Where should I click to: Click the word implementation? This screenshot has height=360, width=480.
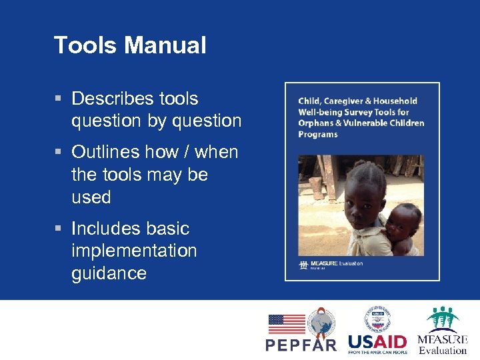134,251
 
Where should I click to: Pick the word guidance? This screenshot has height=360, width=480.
109,274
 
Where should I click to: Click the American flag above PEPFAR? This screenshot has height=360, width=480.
286,324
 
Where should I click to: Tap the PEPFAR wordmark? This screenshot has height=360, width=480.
301,345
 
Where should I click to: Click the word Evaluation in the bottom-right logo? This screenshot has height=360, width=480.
443,350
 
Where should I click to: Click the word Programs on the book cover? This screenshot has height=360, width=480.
318,134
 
